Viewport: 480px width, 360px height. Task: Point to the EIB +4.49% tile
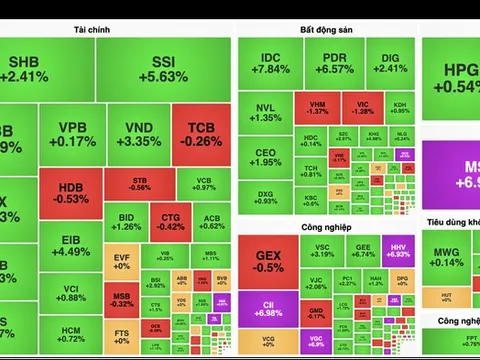click(72, 245)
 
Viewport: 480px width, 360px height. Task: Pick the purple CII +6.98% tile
click(268, 310)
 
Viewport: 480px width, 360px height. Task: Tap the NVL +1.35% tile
click(267, 112)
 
